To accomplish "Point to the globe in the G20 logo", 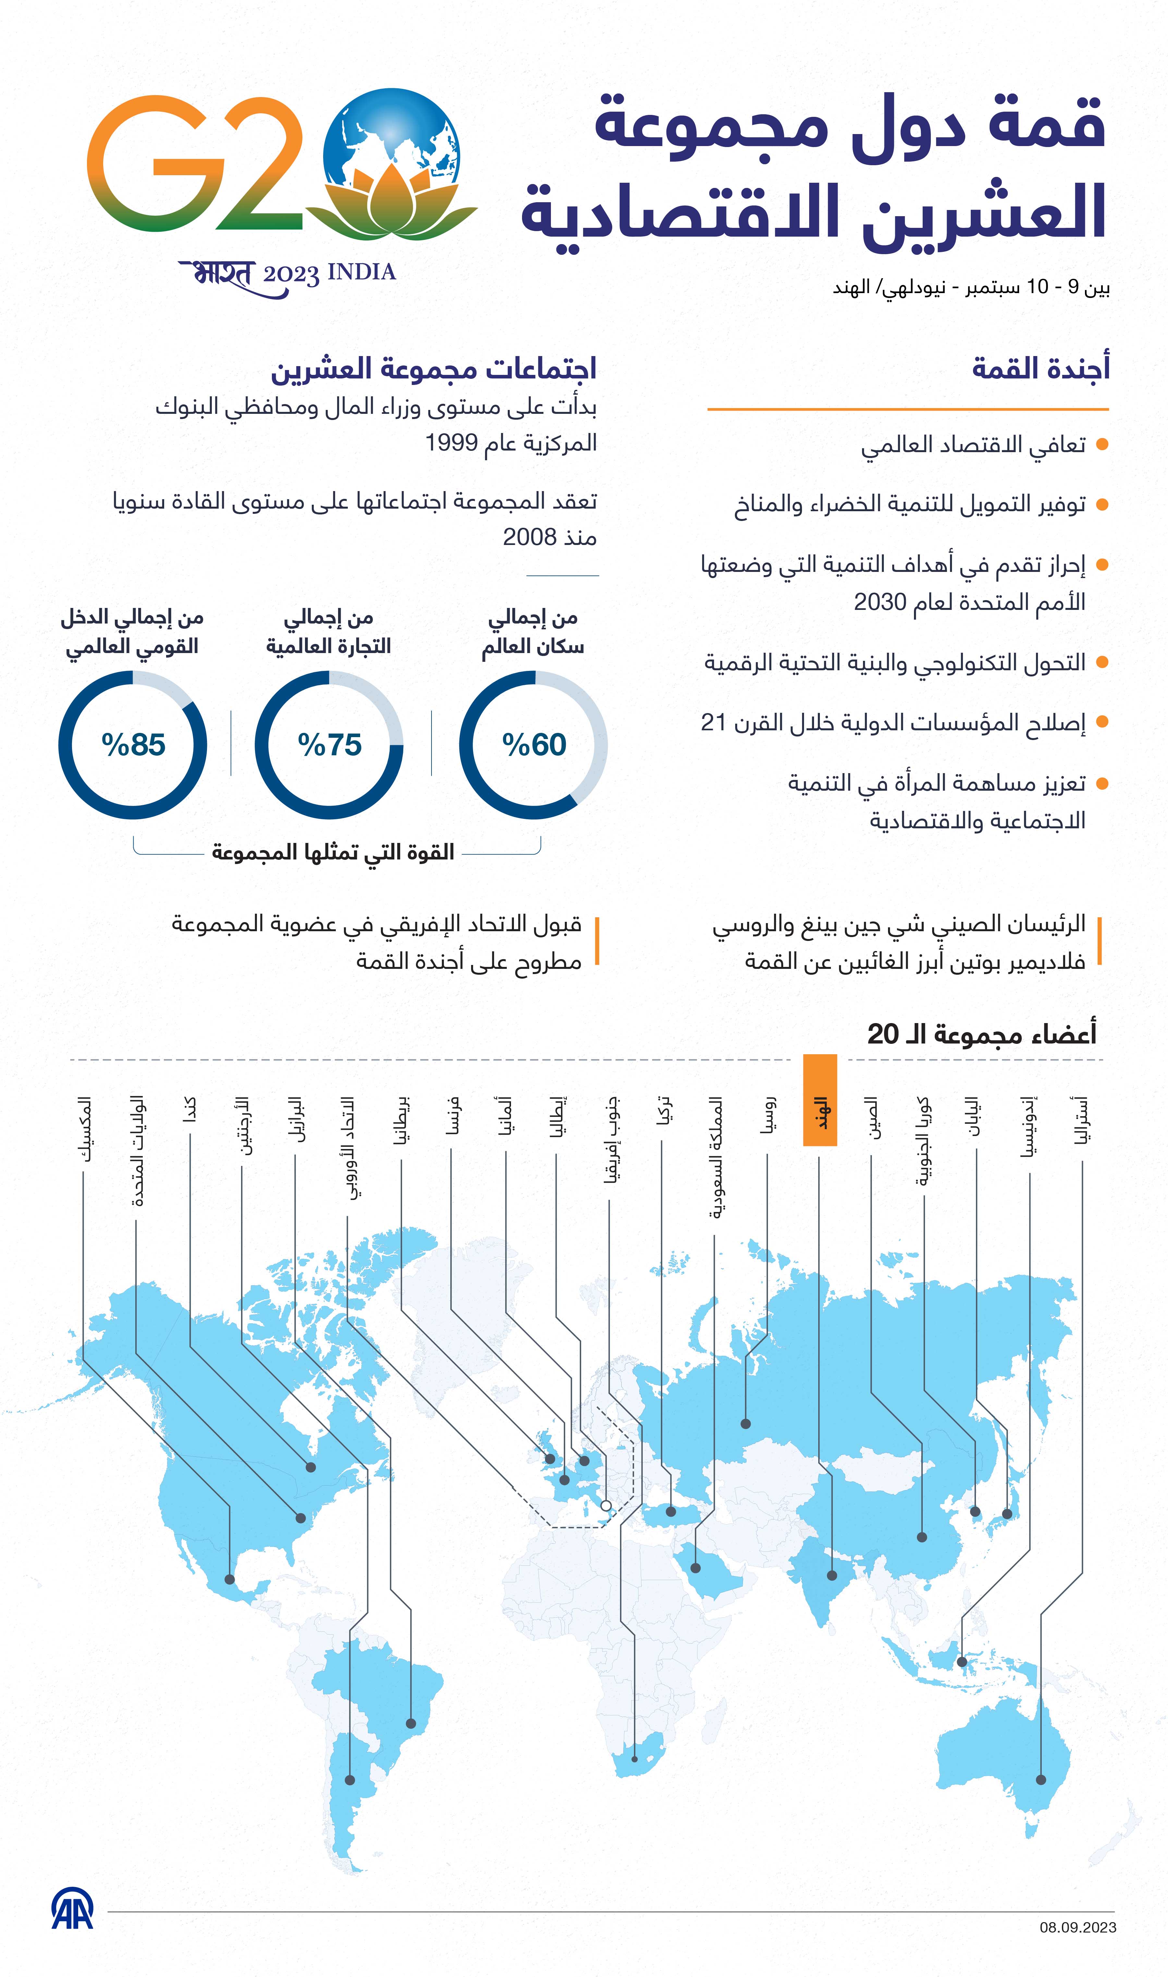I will coord(391,134).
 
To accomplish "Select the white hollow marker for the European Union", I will coord(606,1505).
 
